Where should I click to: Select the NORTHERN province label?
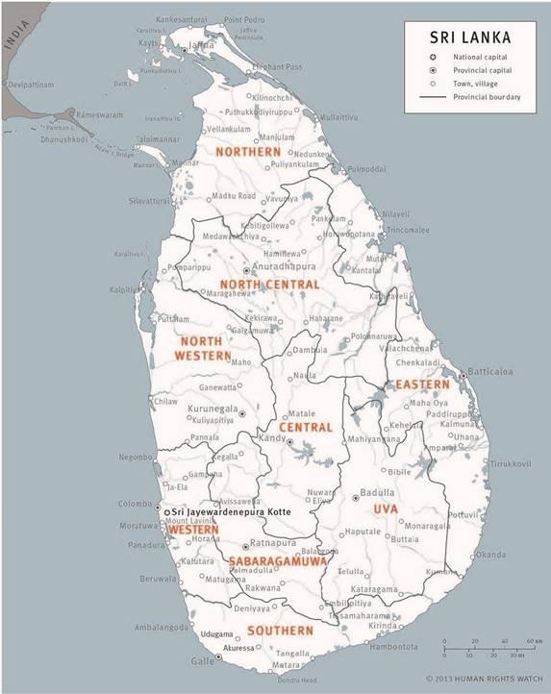point(248,152)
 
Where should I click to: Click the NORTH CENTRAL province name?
point(269,285)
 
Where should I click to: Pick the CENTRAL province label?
point(306,427)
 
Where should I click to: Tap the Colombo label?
point(134,503)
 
